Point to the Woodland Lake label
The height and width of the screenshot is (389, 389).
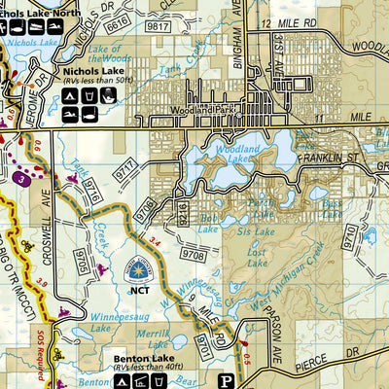[237, 154]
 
